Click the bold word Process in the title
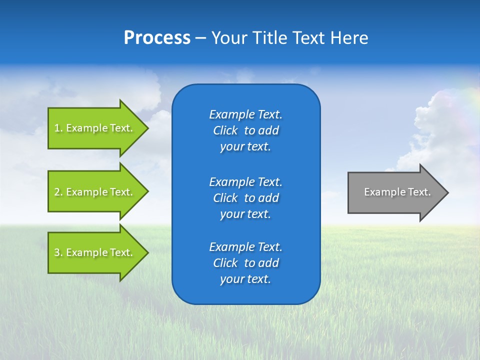coord(157,38)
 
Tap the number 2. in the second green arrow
coord(58,192)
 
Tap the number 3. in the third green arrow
coord(58,252)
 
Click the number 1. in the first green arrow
coord(58,128)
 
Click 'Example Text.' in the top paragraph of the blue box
coord(245,114)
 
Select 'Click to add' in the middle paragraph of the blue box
coord(245,198)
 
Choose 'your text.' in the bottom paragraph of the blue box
coord(245,279)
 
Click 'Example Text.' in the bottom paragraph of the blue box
coord(245,247)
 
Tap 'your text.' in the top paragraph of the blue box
coord(245,146)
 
